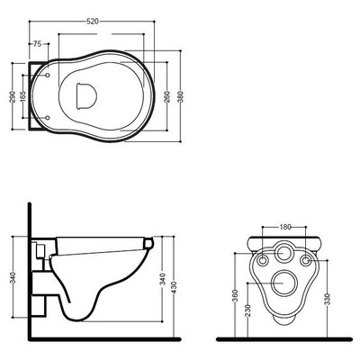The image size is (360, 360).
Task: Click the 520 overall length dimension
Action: [93, 22]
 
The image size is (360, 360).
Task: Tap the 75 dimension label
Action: [37, 44]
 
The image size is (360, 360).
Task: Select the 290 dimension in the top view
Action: [13, 96]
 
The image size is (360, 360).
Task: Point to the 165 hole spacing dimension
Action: [22, 96]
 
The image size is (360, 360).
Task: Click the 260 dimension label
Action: [167, 96]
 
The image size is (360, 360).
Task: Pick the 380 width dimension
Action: [180, 96]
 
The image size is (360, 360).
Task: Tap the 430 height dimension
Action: [174, 287]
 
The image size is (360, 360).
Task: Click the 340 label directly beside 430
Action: [162, 279]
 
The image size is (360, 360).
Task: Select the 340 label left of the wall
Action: [13, 279]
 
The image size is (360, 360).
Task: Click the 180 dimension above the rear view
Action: [284, 227]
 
